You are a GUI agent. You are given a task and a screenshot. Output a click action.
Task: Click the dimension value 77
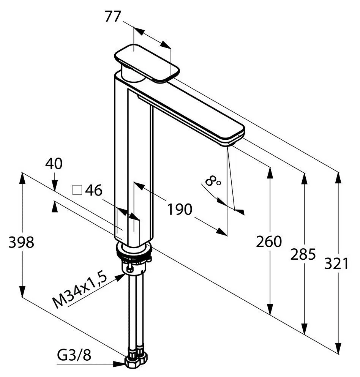[112, 17]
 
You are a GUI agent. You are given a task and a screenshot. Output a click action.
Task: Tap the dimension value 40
[54, 164]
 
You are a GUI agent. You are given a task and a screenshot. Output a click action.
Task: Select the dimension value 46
[94, 190]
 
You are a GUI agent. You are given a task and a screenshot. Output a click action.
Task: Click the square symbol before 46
[77, 190]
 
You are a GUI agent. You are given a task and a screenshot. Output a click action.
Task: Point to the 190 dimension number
[180, 209]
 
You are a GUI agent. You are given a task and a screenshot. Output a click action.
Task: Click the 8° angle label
[213, 181]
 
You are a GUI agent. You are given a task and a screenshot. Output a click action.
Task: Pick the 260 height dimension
[268, 241]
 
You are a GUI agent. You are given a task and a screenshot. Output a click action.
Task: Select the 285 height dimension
[303, 254]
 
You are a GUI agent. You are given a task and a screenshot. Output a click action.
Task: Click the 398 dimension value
[21, 242]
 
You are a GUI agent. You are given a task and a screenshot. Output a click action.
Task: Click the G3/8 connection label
[74, 355]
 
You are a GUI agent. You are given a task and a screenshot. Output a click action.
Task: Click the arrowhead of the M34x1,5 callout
[120, 278]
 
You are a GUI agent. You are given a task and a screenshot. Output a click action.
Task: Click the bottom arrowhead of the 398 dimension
[22, 291]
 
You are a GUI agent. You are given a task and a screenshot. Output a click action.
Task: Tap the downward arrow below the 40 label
[55, 185]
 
